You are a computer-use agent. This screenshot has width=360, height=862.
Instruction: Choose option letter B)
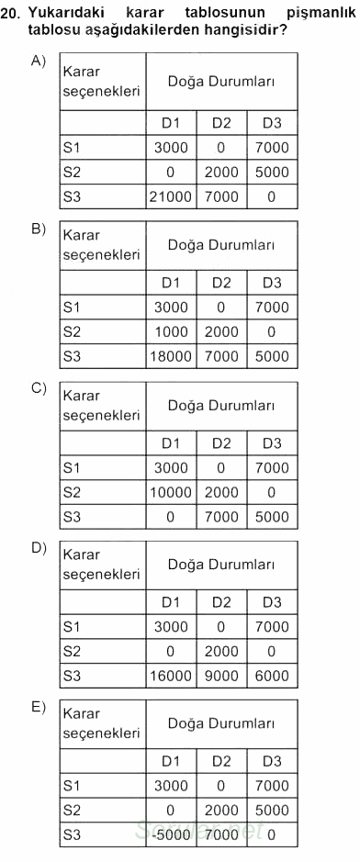[39, 229]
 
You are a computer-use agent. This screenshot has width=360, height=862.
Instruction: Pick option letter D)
[39, 547]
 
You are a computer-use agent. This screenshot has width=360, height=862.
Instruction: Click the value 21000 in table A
[171, 196]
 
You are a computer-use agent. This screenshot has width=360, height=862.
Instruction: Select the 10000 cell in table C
[171, 492]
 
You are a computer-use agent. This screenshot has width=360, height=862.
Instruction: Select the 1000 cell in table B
[171, 331]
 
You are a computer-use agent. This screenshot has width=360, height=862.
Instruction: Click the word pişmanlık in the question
[313, 12]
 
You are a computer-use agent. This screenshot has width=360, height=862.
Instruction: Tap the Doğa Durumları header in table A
[221, 82]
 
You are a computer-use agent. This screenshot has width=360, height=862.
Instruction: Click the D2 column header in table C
[222, 444]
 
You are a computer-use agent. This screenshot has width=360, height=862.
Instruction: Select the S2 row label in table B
[73, 331]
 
